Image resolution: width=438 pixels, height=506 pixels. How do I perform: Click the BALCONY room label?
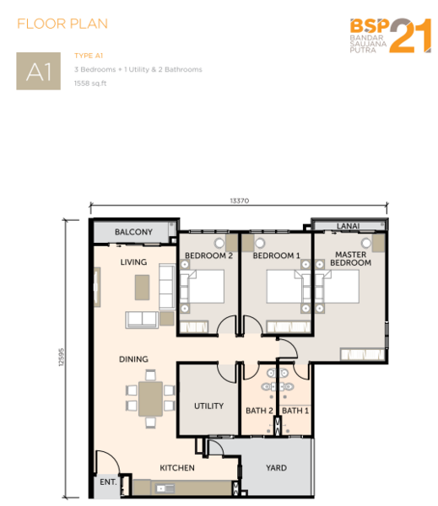133,232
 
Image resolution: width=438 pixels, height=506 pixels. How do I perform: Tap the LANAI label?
348,226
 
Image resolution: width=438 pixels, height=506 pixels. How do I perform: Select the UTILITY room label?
208,406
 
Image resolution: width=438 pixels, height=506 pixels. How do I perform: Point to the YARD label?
276,467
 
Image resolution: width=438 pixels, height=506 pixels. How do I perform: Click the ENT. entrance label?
108,482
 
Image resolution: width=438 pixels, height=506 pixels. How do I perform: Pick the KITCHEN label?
177,467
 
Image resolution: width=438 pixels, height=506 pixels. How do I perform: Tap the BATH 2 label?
259,411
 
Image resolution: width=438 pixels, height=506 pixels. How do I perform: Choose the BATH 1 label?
295,411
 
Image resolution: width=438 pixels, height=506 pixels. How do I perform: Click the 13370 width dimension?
240,201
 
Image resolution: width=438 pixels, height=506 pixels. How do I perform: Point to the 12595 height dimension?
62,357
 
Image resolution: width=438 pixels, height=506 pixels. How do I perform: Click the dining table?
150,399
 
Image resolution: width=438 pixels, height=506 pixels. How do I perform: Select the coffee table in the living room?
142,288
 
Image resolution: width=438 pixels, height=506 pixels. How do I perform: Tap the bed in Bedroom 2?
202,287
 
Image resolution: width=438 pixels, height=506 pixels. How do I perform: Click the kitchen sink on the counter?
165,488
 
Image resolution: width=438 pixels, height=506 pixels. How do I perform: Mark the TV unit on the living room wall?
96,287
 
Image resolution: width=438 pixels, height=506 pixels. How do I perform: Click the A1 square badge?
39,71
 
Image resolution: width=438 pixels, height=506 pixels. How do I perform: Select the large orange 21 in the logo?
411,35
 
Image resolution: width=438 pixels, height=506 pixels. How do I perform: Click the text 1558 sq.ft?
90,83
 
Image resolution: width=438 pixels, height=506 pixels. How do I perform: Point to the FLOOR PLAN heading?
62,24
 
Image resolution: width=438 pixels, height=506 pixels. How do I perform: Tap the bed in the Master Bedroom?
338,287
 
